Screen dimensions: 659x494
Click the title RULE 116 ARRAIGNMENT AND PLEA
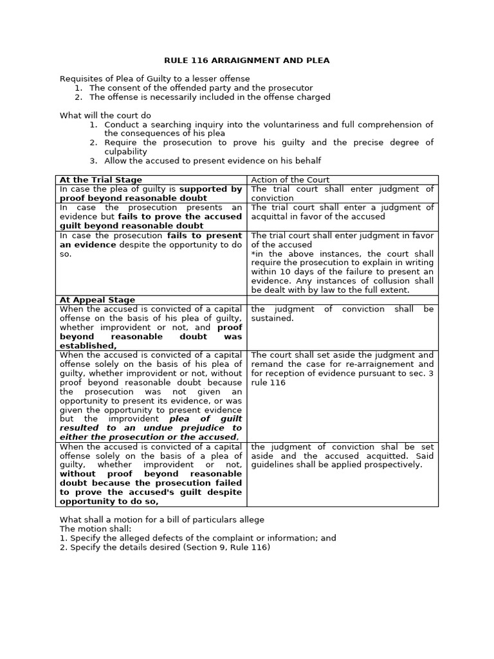(247, 60)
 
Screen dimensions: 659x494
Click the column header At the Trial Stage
(100, 180)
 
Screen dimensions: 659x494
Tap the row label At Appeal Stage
(97, 300)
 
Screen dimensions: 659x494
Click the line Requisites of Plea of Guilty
(155, 79)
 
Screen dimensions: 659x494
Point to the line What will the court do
(105, 115)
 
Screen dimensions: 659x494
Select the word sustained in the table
(272, 319)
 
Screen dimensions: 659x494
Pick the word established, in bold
(88, 346)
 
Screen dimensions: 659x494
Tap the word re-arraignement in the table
(376, 364)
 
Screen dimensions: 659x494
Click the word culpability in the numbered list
(126, 152)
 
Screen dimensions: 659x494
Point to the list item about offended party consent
(201, 88)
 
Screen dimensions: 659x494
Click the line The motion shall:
(95, 529)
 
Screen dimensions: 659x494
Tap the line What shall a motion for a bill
(161, 520)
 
